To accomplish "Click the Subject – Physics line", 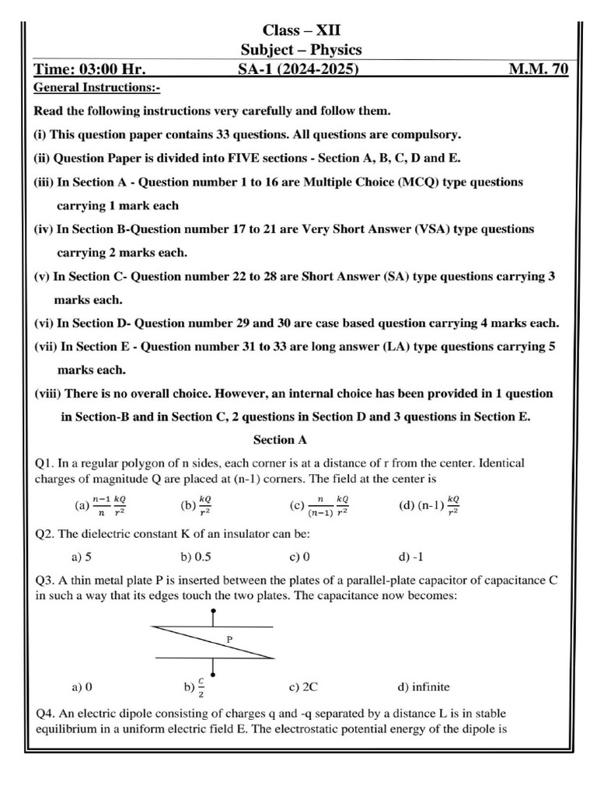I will tap(301, 51).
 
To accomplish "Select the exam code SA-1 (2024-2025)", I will tap(298, 70).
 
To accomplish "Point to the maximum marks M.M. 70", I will tap(538, 70).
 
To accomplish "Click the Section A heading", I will tap(274, 440).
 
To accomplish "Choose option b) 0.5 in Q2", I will tap(197, 557).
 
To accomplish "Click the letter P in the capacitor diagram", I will tap(229, 639).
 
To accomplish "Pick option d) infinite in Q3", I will tap(424, 686).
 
